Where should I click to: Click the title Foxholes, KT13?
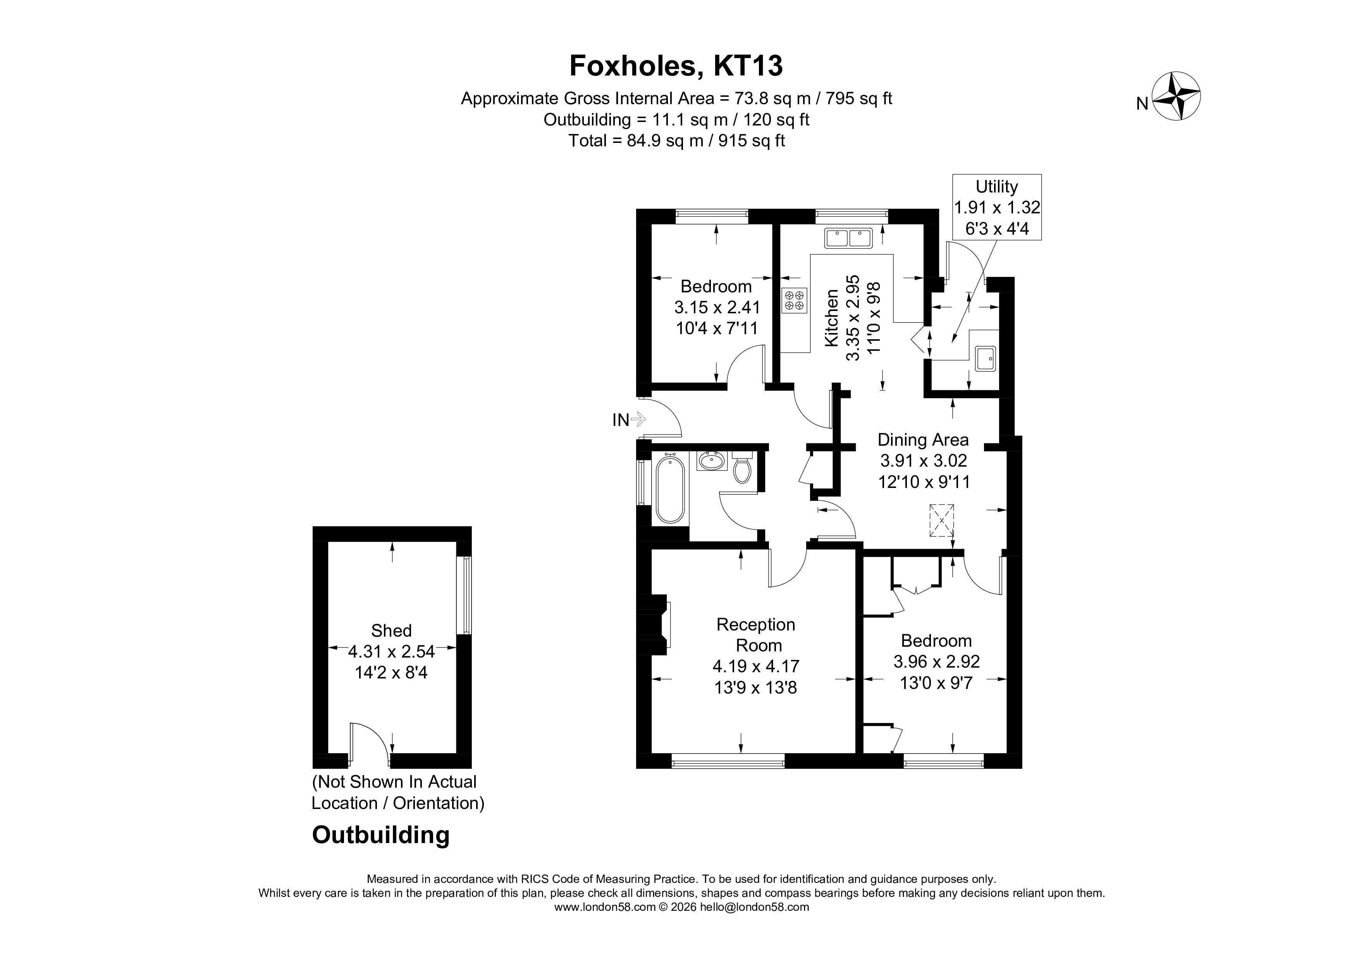[676, 66]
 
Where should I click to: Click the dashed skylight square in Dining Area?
[941, 520]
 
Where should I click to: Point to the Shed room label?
[391, 630]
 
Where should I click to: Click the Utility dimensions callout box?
[997, 207]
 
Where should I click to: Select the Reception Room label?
[756, 635]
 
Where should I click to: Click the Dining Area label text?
[923, 440]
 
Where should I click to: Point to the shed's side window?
[467, 595]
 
